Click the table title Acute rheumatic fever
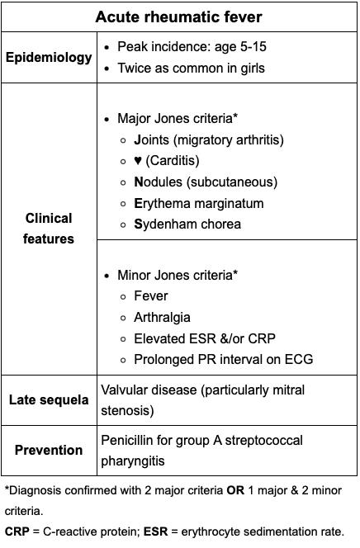click(x=179, y=17)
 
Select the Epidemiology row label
click(x=49, y=57)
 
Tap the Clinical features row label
click(x=49, y=229)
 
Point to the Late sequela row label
click(x=49, y=400)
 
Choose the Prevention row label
click(x=49, y=450)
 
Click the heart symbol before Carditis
click(x=138, y=160)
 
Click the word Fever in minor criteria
click(x=150, y=295)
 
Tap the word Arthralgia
click(x=162, y=316)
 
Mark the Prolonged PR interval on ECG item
click(x=223, y=359)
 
